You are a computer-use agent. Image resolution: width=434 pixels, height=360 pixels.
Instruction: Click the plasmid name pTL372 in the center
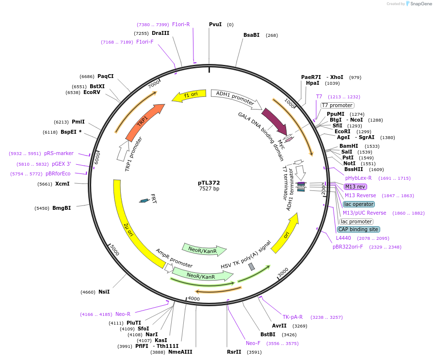point(209,183)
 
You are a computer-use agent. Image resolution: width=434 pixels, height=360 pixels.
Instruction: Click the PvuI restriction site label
point(215,24)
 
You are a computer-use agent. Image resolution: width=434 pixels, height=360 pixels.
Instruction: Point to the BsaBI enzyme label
point(251,35)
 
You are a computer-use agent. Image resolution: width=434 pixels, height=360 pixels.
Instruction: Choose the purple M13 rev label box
point(355,187)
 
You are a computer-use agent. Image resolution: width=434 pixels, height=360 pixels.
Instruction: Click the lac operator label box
point(358,204)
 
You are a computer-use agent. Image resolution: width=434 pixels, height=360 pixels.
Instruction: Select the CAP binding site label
point(358,229)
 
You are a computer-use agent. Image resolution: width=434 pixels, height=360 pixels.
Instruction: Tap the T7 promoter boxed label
point(337,105)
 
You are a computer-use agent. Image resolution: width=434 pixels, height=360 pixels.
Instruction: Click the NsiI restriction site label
point(104,292)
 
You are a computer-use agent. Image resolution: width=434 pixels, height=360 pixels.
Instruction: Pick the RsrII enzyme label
point(234,352)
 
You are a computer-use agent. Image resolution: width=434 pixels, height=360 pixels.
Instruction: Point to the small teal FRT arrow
point(144,200)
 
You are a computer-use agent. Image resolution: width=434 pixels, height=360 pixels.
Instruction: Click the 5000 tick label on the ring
point(114,250)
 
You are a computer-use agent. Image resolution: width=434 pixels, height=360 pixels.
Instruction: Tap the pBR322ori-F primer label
point(348,247)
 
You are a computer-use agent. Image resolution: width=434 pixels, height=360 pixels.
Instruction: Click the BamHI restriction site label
point(349,146)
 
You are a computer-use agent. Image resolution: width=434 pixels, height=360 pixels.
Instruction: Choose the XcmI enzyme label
point(62,184)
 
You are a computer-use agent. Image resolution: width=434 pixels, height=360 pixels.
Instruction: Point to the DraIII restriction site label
point(161,33)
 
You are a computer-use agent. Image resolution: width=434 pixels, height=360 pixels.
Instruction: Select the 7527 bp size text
point(209,188)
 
